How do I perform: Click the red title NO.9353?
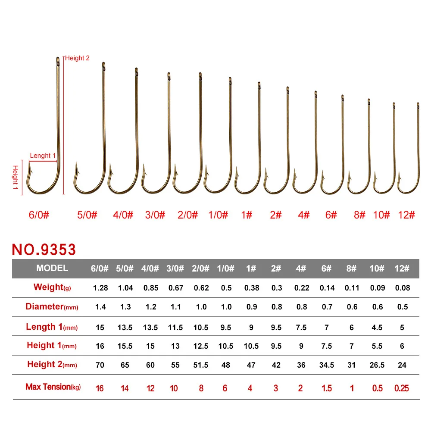point(44,250)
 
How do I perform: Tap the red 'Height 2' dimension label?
point(77,58)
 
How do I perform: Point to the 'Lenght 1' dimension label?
point(43,156)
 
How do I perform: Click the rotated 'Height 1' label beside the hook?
point(16,177)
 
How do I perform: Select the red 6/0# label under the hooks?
point(39,215)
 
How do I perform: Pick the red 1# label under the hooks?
point(247,215)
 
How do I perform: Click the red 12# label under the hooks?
point(406,215)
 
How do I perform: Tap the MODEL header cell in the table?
point(52,268)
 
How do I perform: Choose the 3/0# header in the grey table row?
point(175,268)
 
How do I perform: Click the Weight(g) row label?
point(52,287)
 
